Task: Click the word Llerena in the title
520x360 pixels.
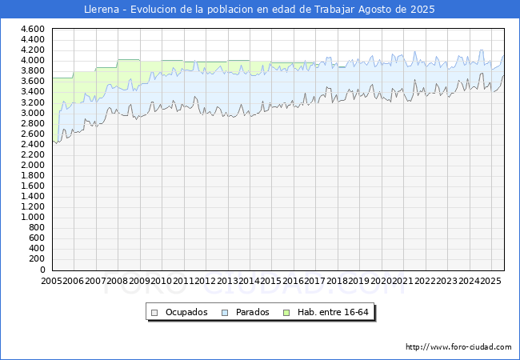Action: pyautogui.click(x=102, y=10)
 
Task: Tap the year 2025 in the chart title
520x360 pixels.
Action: pyautogui.click(x=422, y=10)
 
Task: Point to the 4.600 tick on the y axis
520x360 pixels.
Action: pyautogui.click(x=33, y=29)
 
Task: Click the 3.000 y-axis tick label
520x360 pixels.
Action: pyautogui.click(x=33, y=113)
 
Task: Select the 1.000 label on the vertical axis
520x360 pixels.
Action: pyautogui.click(x=33, y=217)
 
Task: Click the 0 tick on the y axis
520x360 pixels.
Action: pyautogui.click(x=42, y=270)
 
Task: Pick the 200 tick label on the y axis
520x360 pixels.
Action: pyautogui.click(x=37, y=259)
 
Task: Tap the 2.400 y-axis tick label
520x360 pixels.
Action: pyautogui.click(x=33, y=144)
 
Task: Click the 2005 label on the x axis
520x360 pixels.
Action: pyautogui.click(x=51, y=281)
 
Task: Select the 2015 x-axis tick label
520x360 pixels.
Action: pyautogui.click(x=271, y=281)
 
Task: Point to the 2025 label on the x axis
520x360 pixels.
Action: pyautogui.click(x=490, y=281)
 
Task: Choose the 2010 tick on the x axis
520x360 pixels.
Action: pyautogui.click(x=161, y=281)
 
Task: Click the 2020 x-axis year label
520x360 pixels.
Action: pyautogui.click(x=381, y=281)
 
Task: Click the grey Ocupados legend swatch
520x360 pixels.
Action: pyautogui.click(x=154, y=313)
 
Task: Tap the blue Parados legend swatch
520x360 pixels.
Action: pyautogui.click(x=225, y=313)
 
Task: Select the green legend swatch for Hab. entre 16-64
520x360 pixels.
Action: pyautogui.click(x=286, y=313)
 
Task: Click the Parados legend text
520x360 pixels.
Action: pyautogui.click(x=252, y=312)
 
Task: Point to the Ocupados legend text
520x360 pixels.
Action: pyautogui.click(x=186, y=312)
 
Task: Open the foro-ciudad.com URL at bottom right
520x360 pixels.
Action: pyautogui.click(x=458, y=347)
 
